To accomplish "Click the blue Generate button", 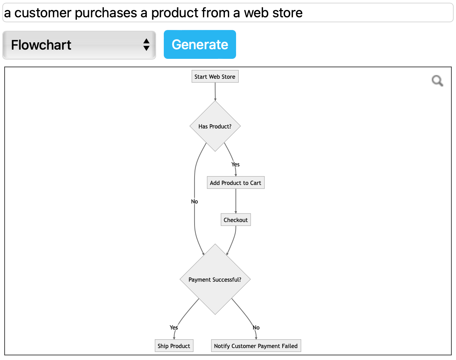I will [x=200, y=45].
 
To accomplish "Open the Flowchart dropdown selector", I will [x=79, y=45].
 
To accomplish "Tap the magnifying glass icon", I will [x=437, y=81].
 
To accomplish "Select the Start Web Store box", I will [x=215, y=77].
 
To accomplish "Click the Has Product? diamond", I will [x=215, y=126].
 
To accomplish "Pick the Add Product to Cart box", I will [x=235, y=183].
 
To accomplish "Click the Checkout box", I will [x=236, y=220].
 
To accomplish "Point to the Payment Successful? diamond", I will [x=215, y=280].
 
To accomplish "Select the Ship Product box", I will [x=174, y=346].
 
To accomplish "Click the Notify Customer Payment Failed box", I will [x=256, y=346].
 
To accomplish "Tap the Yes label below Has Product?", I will [x=235, y=164].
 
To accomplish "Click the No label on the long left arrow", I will [x=195, y=202].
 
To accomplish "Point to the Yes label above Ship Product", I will [x=174, y=327].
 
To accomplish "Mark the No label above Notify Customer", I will [x=256, y=327].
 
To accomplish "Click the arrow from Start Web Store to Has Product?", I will [x=215, y=92].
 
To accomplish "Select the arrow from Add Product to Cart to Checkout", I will [x=236, y=201].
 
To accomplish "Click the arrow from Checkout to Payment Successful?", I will [x=232, y=240].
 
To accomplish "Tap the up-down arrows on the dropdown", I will [x=146, y=45].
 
